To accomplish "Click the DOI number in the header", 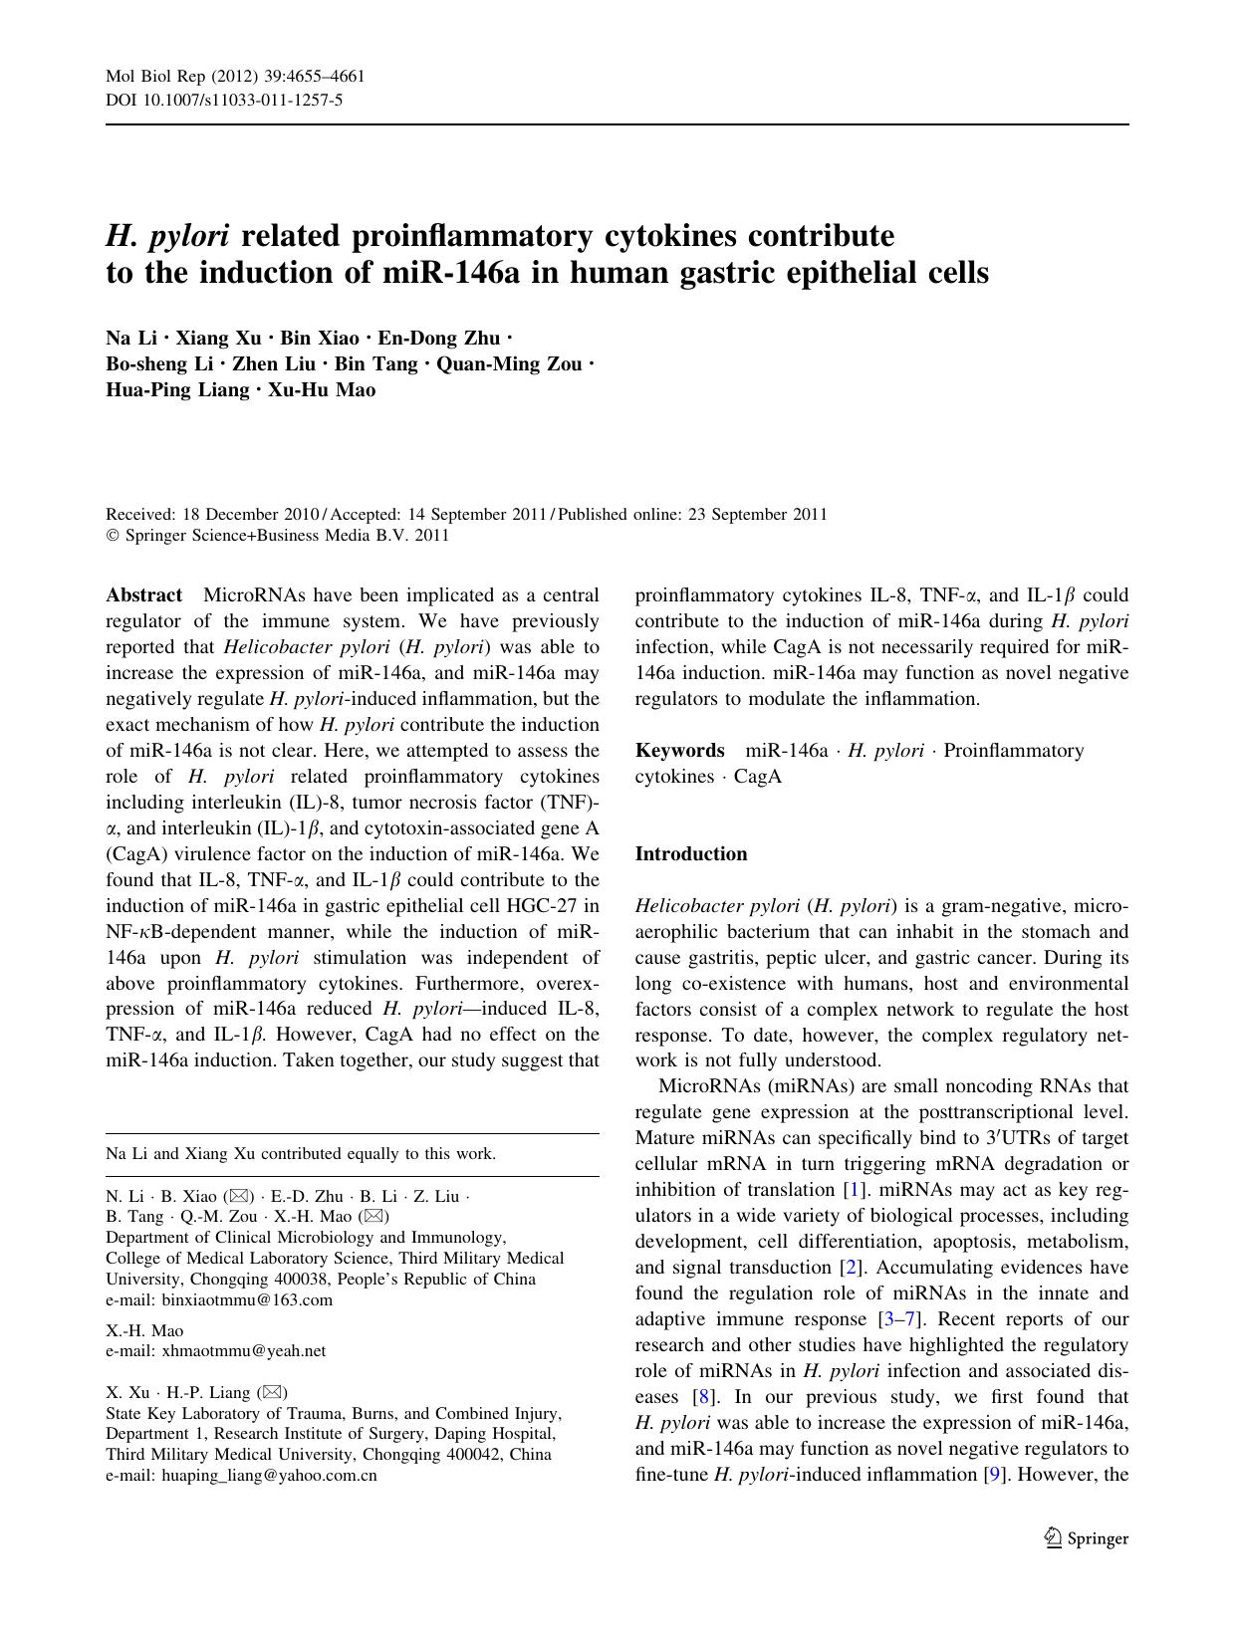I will (x=257, y=100).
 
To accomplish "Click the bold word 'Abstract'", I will (x=144, y=595).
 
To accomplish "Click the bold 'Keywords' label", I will (x=679, y=751).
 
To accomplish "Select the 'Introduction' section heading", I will (x=690, y=854).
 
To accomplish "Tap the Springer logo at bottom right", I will (x=1086, y=1537).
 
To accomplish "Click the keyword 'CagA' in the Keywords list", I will (x=757, y=777).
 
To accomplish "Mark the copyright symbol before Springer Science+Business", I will (x=113, y=536).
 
